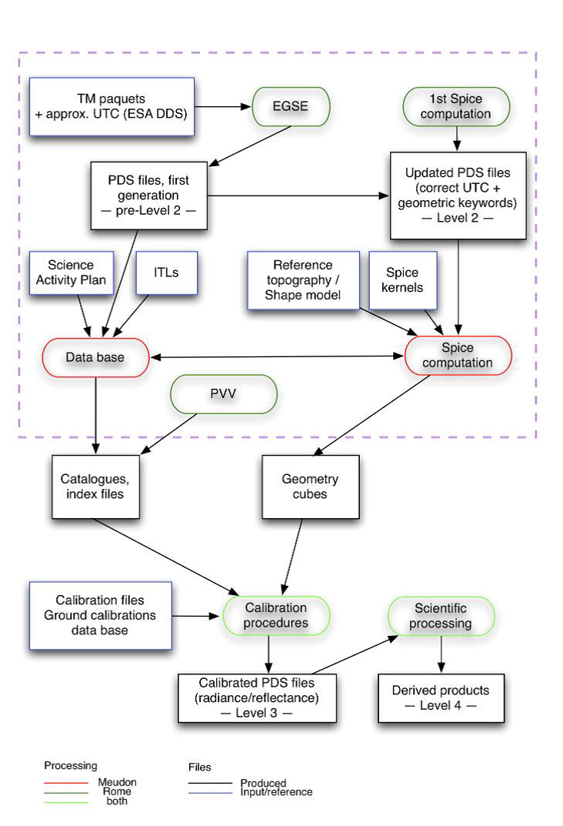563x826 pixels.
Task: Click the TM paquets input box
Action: pos(110,107)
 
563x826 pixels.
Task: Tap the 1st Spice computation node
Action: pos(457,107)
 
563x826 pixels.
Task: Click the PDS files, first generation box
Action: pos(148,196)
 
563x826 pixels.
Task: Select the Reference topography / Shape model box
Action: pos(303,280)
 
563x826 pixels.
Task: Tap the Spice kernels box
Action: pos(404,280)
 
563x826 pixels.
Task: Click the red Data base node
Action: pos(95,357)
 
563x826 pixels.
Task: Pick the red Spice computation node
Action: pos(458,355)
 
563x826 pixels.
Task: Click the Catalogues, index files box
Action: pos(99,486)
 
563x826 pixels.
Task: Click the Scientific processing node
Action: pos(441,616)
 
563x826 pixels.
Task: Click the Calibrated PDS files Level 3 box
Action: pos(257,697)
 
